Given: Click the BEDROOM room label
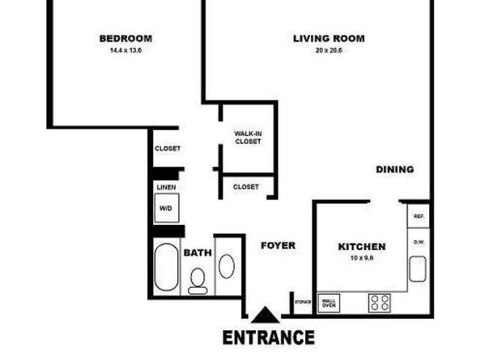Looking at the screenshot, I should tap(126, 38).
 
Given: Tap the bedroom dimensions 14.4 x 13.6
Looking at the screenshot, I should tap(126, 49).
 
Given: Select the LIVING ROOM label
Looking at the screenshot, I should tap(328, 38).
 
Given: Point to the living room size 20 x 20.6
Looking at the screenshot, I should tap(328, 49).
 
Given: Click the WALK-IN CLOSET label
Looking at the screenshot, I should tap(247, 137).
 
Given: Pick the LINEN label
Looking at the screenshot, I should tap(166, 187).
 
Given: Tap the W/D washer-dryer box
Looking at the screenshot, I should tap(166, 209).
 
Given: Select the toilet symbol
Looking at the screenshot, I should tap(198, 280).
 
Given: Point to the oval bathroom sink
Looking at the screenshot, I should tap(228, 265).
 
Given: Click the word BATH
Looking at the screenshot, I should tap(198, 252).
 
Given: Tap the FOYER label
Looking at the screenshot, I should tap(278, 245).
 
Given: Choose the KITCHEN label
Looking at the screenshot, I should tap(361, 247).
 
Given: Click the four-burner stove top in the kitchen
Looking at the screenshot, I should tap(379, 303).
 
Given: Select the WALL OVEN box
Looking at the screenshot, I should tap(329, 303).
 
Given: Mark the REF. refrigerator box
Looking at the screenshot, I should tap(419, 216).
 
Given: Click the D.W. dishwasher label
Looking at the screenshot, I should tap(419, 241).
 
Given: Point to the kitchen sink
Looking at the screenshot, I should tap(418, 268).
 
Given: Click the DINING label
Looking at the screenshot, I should tap(394, 169).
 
